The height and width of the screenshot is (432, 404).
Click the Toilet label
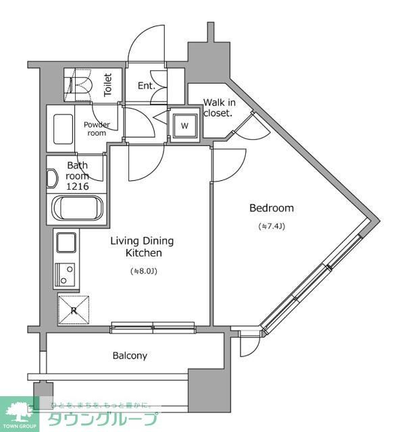click(108, 86)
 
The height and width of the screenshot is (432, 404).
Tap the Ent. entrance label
click(146, 86)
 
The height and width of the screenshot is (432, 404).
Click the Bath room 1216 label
click(77, 175)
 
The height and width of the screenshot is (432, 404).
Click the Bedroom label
click(271, 208)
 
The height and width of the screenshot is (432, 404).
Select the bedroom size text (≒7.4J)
click(272, 226)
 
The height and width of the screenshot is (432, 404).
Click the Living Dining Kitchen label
click(143, 247)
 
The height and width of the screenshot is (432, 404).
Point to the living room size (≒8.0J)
click(143, 271)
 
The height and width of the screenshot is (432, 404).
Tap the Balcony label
click(130, 355)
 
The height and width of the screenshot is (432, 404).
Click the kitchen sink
click(67, 242)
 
